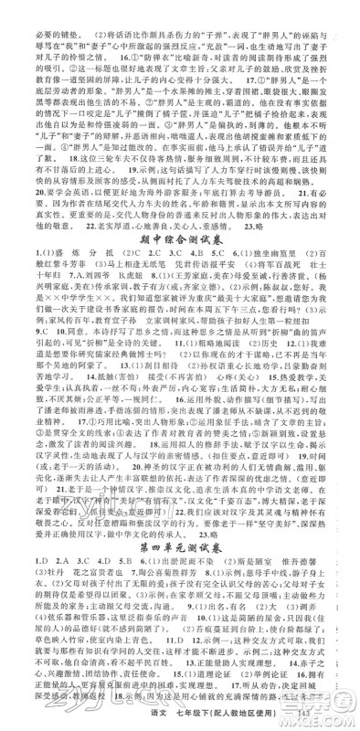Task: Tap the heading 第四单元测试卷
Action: [x=179, y=532]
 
